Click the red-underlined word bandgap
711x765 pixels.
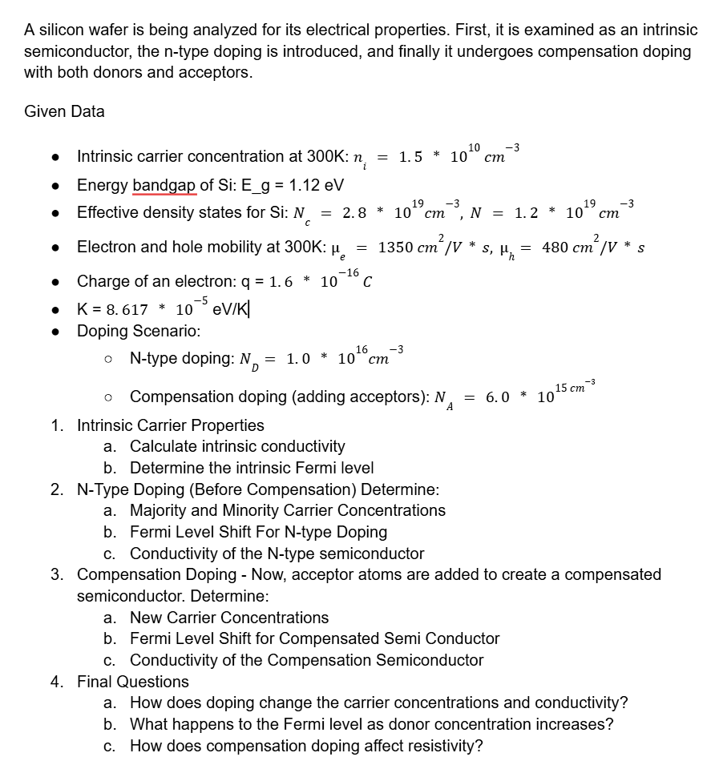pos(164,185)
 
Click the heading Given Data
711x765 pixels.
pos(64,111)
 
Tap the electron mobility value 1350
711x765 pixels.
pos(396,247)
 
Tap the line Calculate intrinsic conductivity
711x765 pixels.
pos(237,446)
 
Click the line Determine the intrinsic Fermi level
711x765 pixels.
pos(252,468)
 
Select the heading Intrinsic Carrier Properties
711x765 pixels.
pos(170,425)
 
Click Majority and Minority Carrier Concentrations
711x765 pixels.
pos(288,510)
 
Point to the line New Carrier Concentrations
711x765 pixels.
pos(229,618)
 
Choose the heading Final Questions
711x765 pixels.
pos(133,682)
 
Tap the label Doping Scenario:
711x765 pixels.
pos(139,331)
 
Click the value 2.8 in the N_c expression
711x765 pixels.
pos(353,214)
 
